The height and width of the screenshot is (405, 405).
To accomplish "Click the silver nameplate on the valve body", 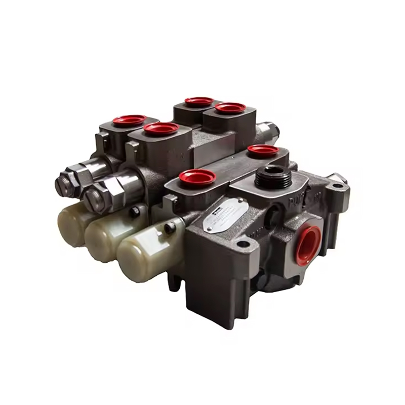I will [x=225, y=215].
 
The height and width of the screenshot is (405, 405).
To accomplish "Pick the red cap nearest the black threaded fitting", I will [x=263, y=151].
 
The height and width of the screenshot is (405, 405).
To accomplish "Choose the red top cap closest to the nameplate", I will [x=197, y=177].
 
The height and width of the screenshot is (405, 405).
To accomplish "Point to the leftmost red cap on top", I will [x=129, y=120].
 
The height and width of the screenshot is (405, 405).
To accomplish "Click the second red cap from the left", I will [x=160, y=129].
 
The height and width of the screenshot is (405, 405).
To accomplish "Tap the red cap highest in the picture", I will [x=199, y=101].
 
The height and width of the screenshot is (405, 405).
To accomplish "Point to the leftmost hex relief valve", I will [x=68, y=182].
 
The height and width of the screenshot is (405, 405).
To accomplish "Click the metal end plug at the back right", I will [x=269, y=130].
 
